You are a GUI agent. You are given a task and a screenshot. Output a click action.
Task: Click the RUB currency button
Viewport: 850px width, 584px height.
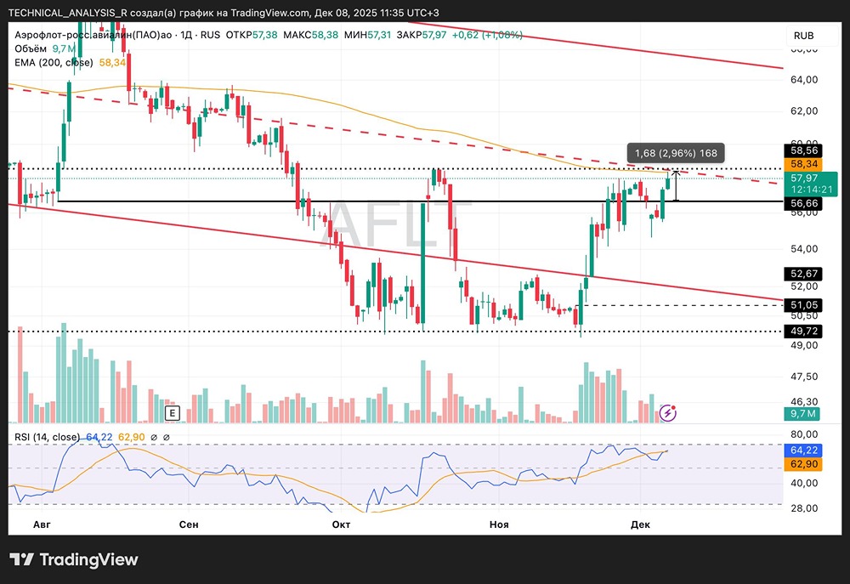pyautogui.click(x=803, y=36)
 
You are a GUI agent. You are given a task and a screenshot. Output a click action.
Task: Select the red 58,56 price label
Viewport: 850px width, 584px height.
pyautogui.click(x=803, y=150)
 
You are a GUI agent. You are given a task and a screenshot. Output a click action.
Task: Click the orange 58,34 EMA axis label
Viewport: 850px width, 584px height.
pyautogui.click(x=803, y=163)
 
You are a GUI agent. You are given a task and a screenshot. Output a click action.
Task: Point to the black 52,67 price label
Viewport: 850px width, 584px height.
pyautogui.click(x=803, y=274)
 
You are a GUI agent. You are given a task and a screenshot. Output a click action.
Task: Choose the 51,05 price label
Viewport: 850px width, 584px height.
pyautogui.click(x=803, y=304)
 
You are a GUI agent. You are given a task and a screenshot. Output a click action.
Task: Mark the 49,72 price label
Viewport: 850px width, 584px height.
pyautogui.click(x=803, y=331)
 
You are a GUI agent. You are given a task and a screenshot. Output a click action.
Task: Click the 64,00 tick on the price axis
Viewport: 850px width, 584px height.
pyautogui.click(x=803, y=80)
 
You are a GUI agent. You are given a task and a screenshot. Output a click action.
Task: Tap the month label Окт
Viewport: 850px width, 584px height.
pyautogui.click(x=342, y=524)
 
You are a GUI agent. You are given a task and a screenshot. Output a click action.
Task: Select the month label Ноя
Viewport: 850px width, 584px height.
pyautogui.click(x=499, y=524)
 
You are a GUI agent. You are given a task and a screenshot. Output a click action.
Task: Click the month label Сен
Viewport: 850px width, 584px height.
pyautogui.click(x=189, y=524)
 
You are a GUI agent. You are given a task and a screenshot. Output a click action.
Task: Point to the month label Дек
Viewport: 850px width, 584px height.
pyautogui.click(x=641, y=524)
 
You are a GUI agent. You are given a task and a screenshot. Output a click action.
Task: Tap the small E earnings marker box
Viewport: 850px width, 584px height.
pyautogui.click(x=172, y=413)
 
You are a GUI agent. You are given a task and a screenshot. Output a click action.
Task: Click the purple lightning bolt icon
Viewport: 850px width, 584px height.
pyautogui.click(x=668, y=413)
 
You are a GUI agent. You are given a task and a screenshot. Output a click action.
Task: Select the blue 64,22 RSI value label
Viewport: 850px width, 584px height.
pyautogui.click(x=803, y=450)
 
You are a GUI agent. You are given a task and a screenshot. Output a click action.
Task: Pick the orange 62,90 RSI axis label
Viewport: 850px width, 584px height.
pyautogui.click(x=803, y=464)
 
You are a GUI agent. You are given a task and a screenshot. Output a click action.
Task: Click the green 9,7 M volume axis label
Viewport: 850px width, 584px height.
pyautogui.click(x=803, y=414)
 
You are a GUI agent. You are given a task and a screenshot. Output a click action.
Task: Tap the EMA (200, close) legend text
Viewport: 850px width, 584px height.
pyautogui.click(x=53, y=62)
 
